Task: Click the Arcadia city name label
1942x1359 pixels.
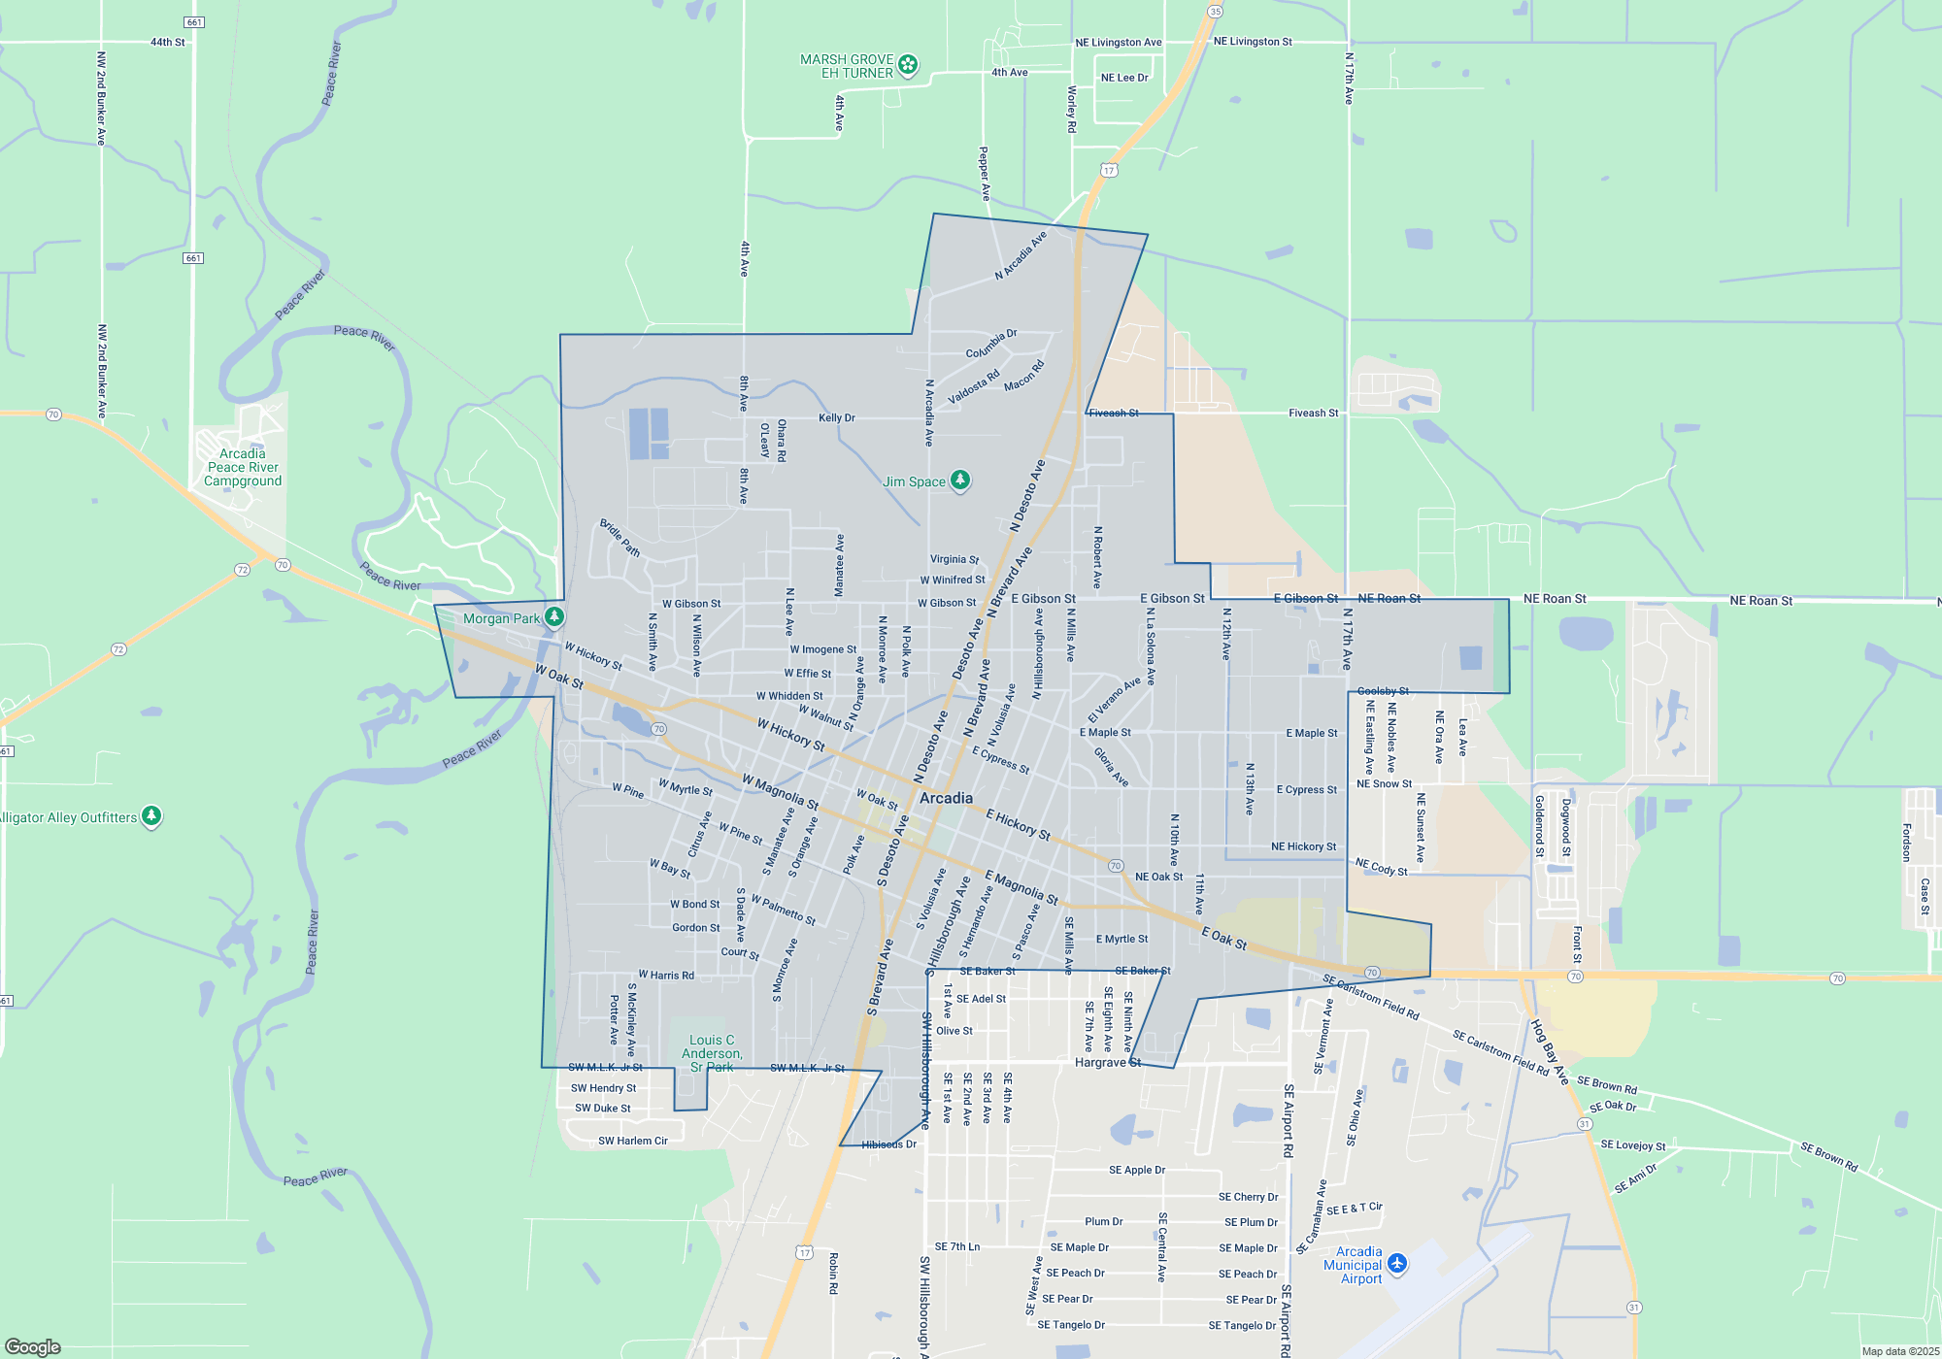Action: coord(946,798)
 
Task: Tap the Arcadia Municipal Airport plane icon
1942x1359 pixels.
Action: coord(1397,1263)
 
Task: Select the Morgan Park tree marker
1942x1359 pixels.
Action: coord(553,616)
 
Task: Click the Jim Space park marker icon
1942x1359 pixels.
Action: coord(960,480)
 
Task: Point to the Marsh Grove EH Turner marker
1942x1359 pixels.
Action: coord(908,65)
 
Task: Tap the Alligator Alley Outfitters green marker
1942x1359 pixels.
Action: coord(151,815)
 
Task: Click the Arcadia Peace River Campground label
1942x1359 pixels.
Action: coord(243,467)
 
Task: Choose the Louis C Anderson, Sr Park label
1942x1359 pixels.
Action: coord(712,1053)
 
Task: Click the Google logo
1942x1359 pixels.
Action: coord(33,1346)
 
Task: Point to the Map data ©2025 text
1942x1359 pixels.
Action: coord(1899,1351)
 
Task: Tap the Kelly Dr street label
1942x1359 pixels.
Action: coord(837,418)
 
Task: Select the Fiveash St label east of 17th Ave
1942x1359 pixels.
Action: coord(1313,414)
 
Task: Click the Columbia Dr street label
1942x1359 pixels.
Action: coord(991,344)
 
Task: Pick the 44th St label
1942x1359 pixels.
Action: coord(167,43)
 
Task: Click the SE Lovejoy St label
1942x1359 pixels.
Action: coord(1632,1145)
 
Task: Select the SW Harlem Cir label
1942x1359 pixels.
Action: coord(633,1141)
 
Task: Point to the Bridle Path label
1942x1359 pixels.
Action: coord(619,538)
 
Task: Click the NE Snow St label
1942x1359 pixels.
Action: coord(1384,784)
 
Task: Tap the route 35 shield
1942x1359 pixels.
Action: coord(1215,12)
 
